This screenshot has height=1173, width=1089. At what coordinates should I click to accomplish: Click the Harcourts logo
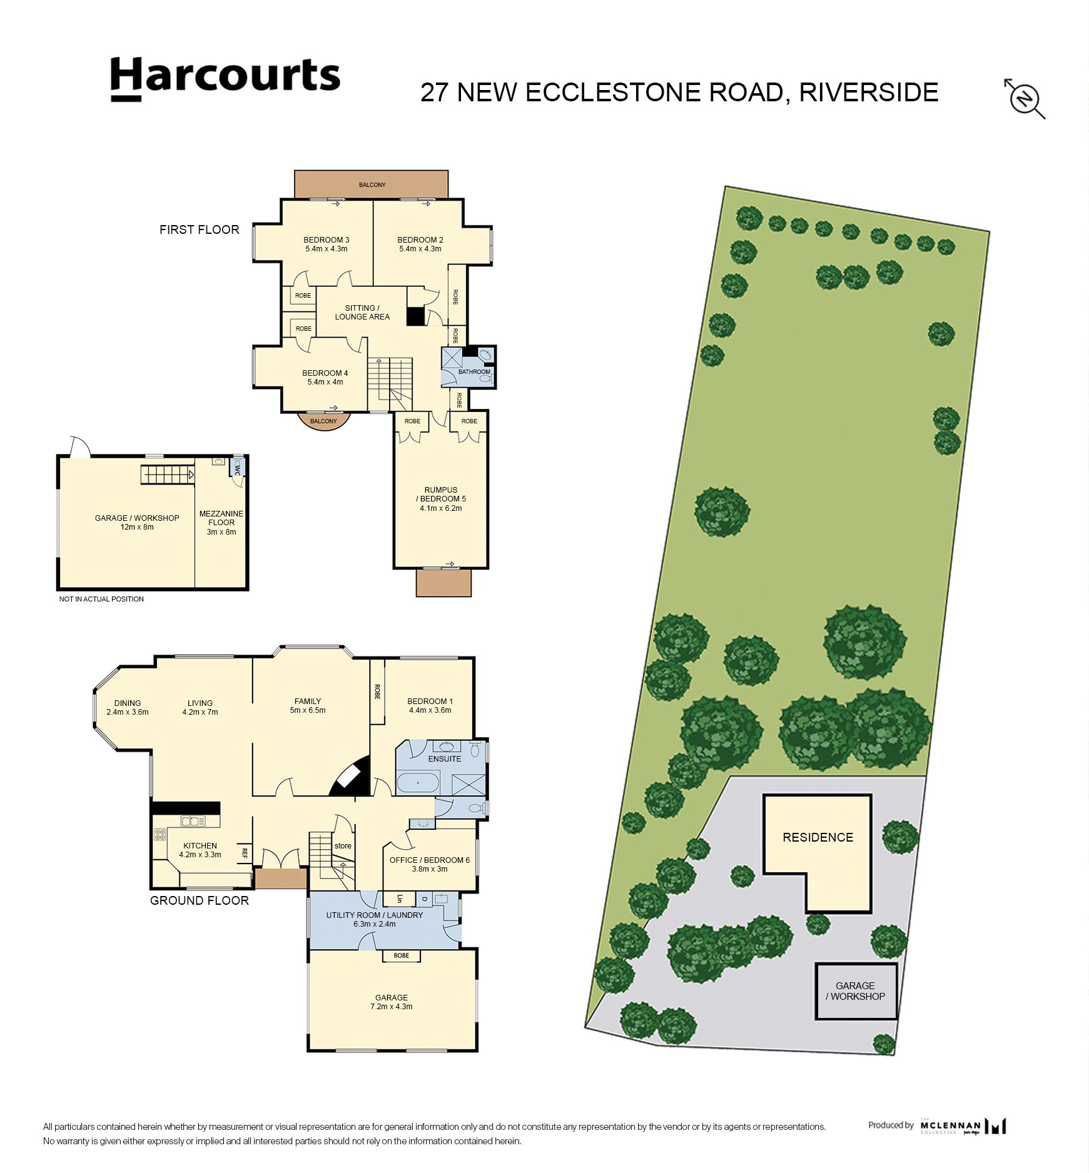pyautogui.click(x=225, y=79)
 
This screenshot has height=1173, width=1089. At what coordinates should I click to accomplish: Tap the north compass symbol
pyautogui.click(x=1025, y=99)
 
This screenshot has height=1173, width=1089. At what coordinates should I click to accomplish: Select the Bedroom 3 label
pyautogui.click(x=327, y=239)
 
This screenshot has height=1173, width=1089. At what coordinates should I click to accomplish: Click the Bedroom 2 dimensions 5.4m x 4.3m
pyautogui.click(x=420, y=249)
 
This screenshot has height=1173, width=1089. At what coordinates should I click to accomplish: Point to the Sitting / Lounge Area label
pyautogui.click(x=362, y=312)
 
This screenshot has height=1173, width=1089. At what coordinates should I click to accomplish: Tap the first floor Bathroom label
pyautogui.click(x=474, y=372)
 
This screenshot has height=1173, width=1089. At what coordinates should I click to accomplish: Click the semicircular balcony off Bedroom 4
pyautogui.click(x=324, y=420)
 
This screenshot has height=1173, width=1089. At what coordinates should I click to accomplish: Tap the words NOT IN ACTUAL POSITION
pyautogui.click(x=101, y=599)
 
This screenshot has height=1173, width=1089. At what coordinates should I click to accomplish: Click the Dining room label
pyautogui.click(x=128, y=703)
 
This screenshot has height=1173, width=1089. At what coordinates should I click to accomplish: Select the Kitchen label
pyautogui.click(x=200, y=846)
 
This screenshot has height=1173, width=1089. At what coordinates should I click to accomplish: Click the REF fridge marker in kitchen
pyautogui.click(x=245, y=852)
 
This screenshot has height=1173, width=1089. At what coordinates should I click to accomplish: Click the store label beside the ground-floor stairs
pyautogui.click(x=343, y=846)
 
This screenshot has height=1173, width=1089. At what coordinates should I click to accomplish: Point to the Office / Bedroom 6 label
pyautogui.click(x=430, y=860)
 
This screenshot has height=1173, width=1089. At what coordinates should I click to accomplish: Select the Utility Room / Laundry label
pyautogui.click(x=375, y=915)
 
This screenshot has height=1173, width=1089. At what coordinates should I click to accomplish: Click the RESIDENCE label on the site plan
pyautogui.click(x=818, y=837)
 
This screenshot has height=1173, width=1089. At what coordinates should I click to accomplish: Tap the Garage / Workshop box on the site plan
pyautogui.click(x=856, y=992)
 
